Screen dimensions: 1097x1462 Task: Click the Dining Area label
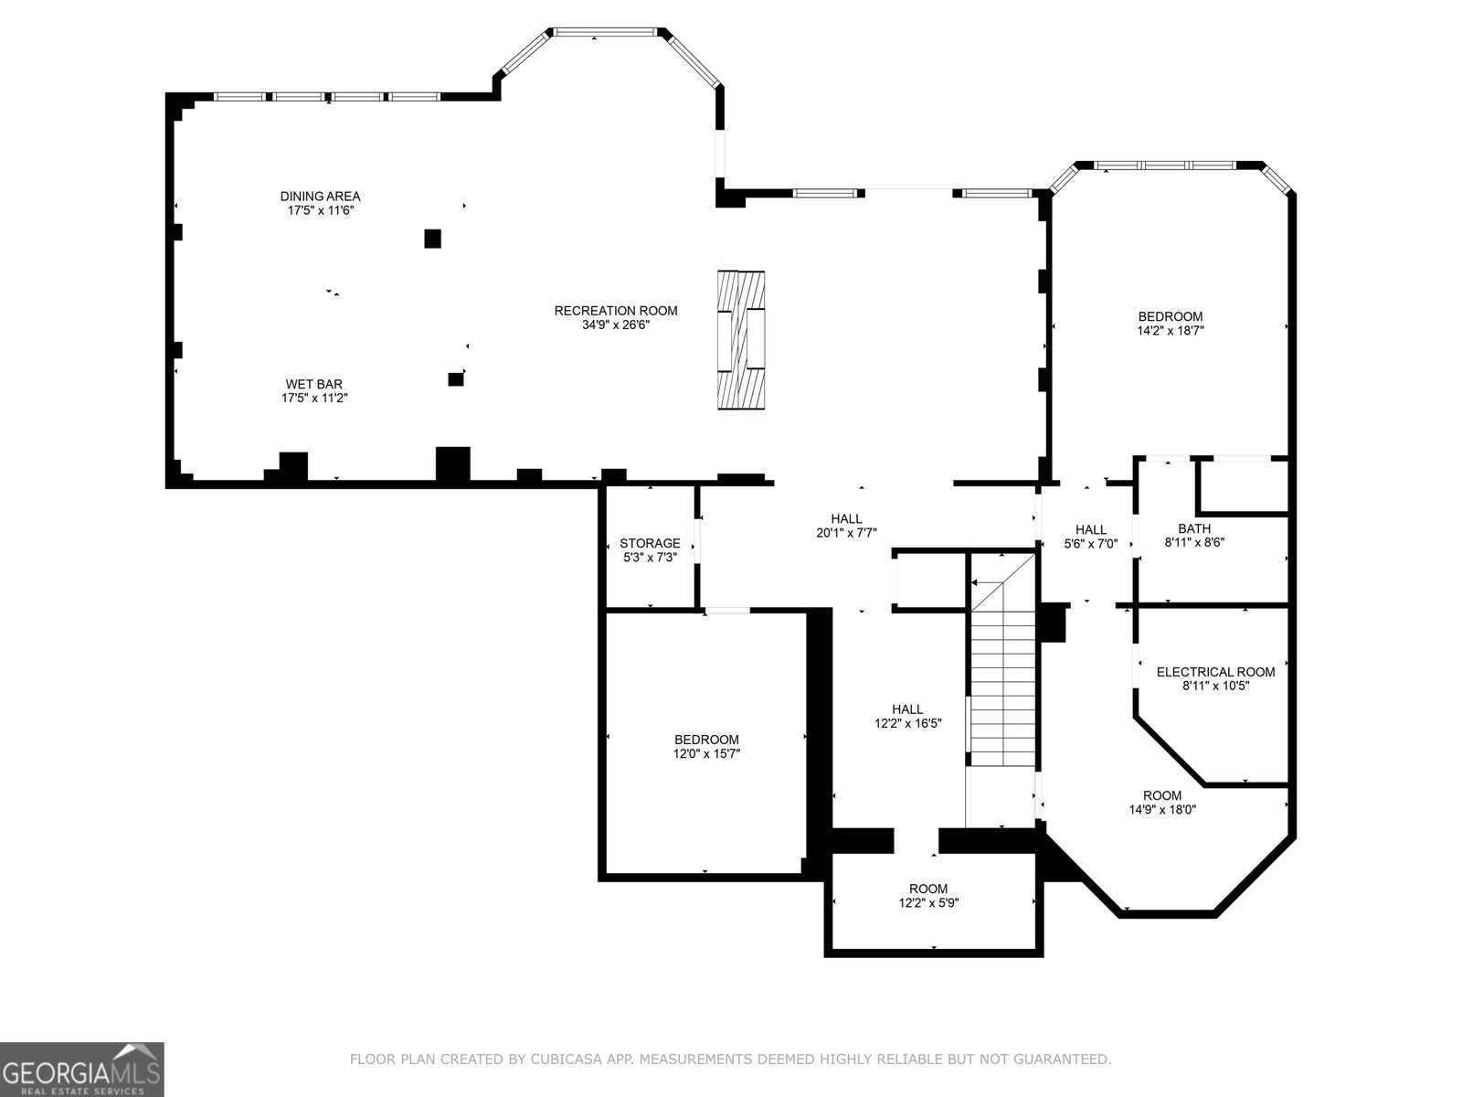(320, 196)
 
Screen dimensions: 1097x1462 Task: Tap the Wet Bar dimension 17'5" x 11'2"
(314, 399)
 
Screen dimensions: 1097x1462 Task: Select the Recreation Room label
(616, 311)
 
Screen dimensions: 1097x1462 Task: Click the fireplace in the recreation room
(740, 340)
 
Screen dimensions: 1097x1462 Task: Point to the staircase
(1003, 676)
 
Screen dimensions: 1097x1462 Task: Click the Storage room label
(650, 543)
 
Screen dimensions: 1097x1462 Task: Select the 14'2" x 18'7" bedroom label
(1171, 317)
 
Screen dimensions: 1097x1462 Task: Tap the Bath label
(1194, 528)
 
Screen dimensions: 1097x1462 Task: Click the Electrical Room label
(1215, 672)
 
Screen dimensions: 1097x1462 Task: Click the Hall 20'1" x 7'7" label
(846, 519)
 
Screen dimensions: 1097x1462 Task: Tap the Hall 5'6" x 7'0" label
(1091, 529)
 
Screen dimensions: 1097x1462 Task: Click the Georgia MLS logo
(82, 1069)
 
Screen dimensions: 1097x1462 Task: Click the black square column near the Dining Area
(433, 239)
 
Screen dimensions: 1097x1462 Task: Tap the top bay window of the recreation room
(607, 33)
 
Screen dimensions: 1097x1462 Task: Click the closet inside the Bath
(1242, 485)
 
